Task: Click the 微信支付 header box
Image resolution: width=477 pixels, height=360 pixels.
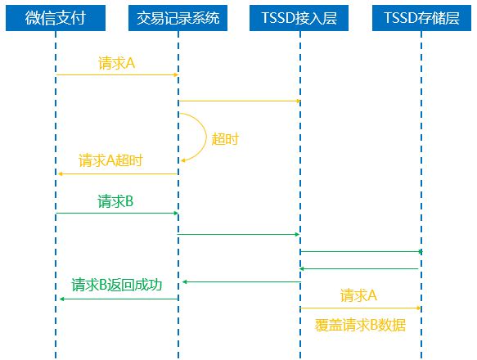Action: coord(56,18)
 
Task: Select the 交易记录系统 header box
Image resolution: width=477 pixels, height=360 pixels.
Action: coord(178,18)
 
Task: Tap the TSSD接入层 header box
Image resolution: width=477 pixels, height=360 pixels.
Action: coord(299,18)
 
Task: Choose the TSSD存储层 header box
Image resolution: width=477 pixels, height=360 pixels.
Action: coord(421,18)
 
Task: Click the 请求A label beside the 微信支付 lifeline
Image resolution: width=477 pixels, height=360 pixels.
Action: coord(116,63)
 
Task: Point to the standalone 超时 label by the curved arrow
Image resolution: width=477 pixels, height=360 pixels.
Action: coord(225,139)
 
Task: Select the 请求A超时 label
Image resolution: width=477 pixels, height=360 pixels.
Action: coord(110,160)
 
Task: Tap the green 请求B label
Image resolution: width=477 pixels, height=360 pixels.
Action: coord(115,201)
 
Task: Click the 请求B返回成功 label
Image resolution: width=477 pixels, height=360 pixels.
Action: coord(116,285)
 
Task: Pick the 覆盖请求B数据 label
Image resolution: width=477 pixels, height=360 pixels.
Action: coord(360,325)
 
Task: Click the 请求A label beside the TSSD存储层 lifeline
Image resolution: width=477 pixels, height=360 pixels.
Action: coord(358,295)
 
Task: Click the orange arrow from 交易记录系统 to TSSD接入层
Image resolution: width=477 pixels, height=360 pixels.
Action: coord(240,101)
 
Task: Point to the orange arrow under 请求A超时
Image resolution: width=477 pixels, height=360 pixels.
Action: coord(118,173)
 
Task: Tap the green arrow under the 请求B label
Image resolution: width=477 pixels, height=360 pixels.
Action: coord(117,213)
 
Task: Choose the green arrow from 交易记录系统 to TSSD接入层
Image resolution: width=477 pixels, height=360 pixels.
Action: coord(239,234)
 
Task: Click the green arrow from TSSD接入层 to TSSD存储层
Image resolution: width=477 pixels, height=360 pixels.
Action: coord(362,252)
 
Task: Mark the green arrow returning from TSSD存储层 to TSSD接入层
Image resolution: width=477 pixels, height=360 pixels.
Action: coord(358,268)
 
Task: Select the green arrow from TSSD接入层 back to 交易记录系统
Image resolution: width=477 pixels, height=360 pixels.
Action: coord(241,282)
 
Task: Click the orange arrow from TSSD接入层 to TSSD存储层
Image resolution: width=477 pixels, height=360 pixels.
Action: coord(361,308)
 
